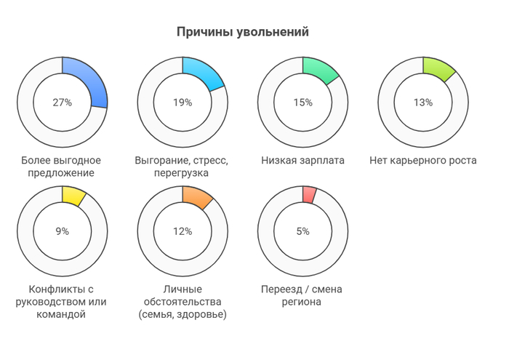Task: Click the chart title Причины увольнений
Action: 243,33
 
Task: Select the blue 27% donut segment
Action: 91,79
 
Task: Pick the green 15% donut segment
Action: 324,70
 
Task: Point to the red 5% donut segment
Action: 309,194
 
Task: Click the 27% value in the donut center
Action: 63,103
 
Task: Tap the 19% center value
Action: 183,103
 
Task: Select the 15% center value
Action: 302,103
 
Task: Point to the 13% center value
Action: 423,103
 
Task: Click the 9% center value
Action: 63,231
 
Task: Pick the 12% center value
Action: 183,231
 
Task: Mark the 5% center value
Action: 302,231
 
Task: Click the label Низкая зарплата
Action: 302,161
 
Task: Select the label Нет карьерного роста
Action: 423,161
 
